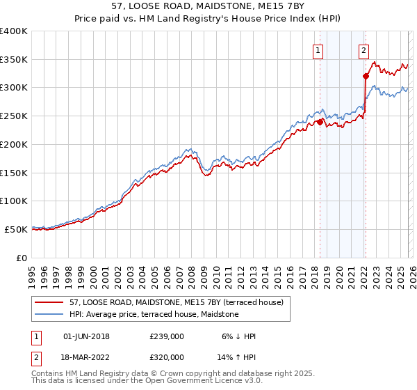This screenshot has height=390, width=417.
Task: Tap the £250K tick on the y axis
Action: (14, 116)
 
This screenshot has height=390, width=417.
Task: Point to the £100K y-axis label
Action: (14, 201)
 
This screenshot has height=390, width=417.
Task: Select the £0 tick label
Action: (21, 258)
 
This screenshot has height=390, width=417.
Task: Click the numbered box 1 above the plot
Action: (318, 49)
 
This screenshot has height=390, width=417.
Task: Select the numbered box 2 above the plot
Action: (363, 49)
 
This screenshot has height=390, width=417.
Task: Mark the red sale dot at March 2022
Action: (366, 77)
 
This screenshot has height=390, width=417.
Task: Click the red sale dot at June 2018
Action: (320, 122)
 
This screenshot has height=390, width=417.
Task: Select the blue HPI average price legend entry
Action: (153, 315)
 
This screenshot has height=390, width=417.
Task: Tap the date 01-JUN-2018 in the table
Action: (86, 336)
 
